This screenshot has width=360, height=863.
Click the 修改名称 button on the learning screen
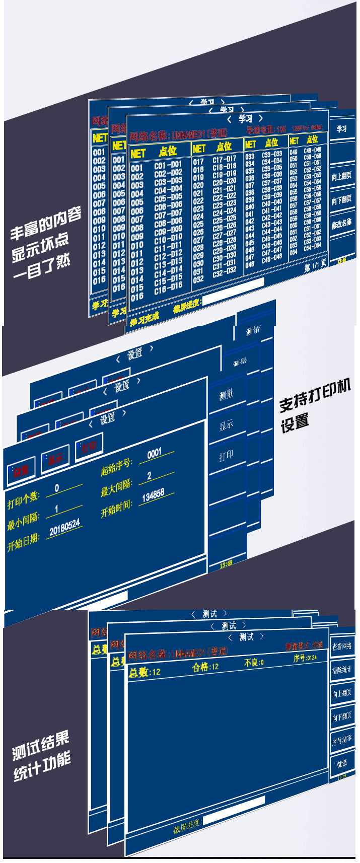[342, 223]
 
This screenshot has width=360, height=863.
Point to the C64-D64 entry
[312, 246]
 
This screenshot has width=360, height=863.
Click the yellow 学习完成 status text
[145, 318]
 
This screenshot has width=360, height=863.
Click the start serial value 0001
[155, 453]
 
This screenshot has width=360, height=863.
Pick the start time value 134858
[153, 496]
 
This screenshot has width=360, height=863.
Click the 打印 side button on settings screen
[226, 456]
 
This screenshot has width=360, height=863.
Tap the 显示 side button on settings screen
[226, 425]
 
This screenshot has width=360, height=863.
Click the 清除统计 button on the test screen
[342, 670]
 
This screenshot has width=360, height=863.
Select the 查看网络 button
[342, 646]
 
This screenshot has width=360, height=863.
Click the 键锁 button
[342, 763]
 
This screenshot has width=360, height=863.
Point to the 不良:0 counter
[254, 663]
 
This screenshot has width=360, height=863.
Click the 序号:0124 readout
[305, 658]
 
